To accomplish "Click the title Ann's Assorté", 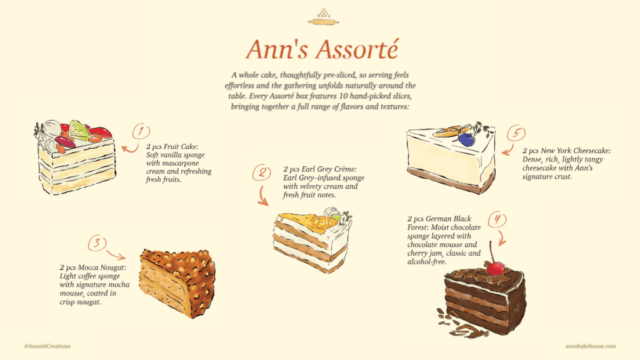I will click(319, 49).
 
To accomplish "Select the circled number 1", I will click(142, 131).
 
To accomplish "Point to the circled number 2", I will click(261, 172).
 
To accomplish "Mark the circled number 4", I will click(497, 219).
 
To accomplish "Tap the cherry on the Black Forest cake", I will click(496, 268).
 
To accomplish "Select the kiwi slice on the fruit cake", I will click(79, 130).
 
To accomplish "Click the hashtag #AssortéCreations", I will click(47, 346).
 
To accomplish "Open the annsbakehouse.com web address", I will click(590, 346).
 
